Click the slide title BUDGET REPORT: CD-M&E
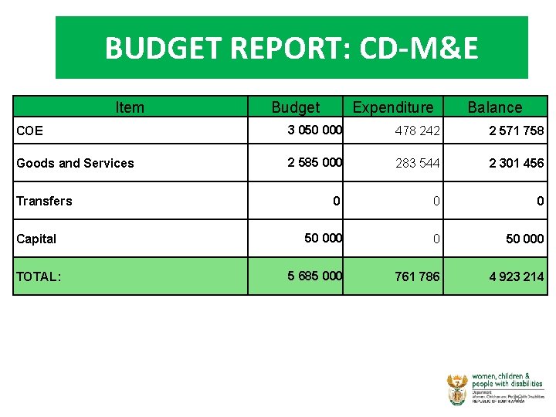(291, 49)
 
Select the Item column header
(129, 107)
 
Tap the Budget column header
(295, 107)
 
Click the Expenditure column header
(393, 107)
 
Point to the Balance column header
(495, 107)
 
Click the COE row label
(30, 131)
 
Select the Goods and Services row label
(75, 163)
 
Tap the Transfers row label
(44, 201)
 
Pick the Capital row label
(36, 239)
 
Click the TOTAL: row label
(38, 276)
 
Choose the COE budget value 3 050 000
(315, 130)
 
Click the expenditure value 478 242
(417, 131)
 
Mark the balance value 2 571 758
(516, 131)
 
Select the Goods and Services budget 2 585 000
(315, 162)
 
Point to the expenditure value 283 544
(417, 163)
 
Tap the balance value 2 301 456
(516, 163)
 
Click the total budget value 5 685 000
(315, 276)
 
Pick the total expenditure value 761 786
(417, 276)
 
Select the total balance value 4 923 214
(516, 276)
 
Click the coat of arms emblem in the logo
(456, 389)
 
